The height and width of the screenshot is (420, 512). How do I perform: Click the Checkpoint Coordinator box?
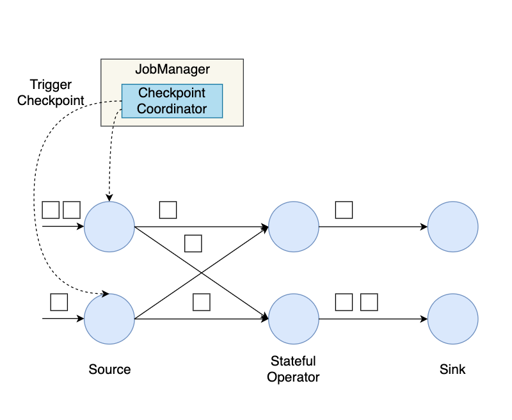point(172,101)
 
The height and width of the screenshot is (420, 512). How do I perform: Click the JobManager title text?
point(172,69)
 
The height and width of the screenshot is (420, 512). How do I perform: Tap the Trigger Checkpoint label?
point(51,93)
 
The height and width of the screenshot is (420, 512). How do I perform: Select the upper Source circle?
point(109,227)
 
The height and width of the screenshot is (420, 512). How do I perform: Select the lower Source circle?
point(109,319)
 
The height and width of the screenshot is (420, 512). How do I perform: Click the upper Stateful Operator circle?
point(294,227)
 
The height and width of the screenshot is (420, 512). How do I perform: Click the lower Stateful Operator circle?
point(294,319)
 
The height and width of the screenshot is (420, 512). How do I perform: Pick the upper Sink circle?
point(452,227)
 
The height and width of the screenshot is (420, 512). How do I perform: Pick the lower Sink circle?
point(452,319)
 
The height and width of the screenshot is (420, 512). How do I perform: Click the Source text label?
point(109,369)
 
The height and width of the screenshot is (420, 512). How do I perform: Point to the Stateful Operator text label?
point(293,369)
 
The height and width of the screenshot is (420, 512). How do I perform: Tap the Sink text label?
point(452,369)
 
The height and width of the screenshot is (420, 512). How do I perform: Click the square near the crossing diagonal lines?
point(193,243)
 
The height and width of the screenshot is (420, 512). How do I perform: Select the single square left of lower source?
point(59,302)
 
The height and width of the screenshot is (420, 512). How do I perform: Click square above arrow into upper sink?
point(344,209)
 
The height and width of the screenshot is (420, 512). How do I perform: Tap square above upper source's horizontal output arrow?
point(168,209)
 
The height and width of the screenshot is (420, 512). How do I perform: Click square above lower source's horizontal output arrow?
point(201,302)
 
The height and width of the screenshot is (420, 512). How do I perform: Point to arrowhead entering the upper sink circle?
point(424,227)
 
